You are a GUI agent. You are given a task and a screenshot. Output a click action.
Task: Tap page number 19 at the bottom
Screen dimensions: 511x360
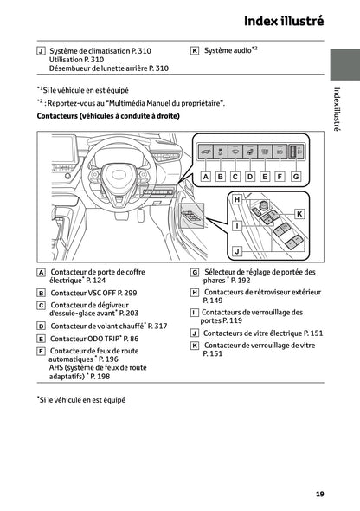pos(319,495)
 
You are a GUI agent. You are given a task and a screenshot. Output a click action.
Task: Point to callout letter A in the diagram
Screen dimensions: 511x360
pos(206,176)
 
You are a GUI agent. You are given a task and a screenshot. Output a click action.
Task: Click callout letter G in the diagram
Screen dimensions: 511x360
pos(295,176)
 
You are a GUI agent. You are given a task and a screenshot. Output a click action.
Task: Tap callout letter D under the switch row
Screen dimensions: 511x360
pos(250,176)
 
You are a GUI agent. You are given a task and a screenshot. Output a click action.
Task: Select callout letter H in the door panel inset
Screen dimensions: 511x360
pos(236,199)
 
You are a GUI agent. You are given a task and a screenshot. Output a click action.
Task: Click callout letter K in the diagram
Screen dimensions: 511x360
pos(299,213)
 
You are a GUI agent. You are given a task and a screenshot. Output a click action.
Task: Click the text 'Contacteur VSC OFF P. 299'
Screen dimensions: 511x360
pos(93,294)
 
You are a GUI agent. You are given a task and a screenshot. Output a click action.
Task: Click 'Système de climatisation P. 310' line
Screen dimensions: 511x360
pos(100,51)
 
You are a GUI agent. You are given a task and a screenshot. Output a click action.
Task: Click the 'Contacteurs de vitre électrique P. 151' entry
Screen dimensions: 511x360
pos(263,333)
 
